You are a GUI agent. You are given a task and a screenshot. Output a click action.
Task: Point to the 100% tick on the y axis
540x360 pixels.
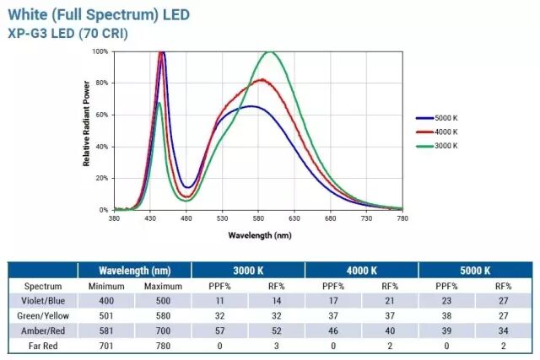100,52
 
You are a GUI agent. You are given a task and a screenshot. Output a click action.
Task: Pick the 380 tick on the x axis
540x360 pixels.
114,218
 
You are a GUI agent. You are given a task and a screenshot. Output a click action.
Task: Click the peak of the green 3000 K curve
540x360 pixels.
270,52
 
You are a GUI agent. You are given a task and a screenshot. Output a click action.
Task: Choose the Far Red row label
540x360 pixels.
42,344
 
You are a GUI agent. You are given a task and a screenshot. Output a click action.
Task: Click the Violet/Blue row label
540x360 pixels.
42,300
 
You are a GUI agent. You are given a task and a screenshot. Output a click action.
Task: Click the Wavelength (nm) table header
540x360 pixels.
134,271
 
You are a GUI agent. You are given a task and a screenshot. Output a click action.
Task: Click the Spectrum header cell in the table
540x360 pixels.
42,286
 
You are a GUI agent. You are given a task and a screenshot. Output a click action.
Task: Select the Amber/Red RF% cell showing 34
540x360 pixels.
503,330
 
